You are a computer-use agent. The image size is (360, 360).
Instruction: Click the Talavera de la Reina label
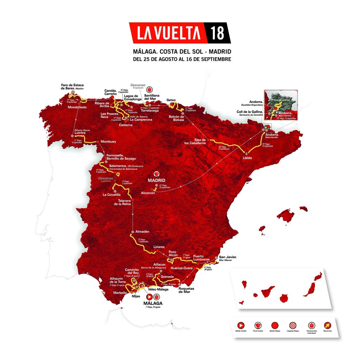[x=122, y=201]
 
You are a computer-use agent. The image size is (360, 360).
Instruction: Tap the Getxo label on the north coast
[x=171, y=100]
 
